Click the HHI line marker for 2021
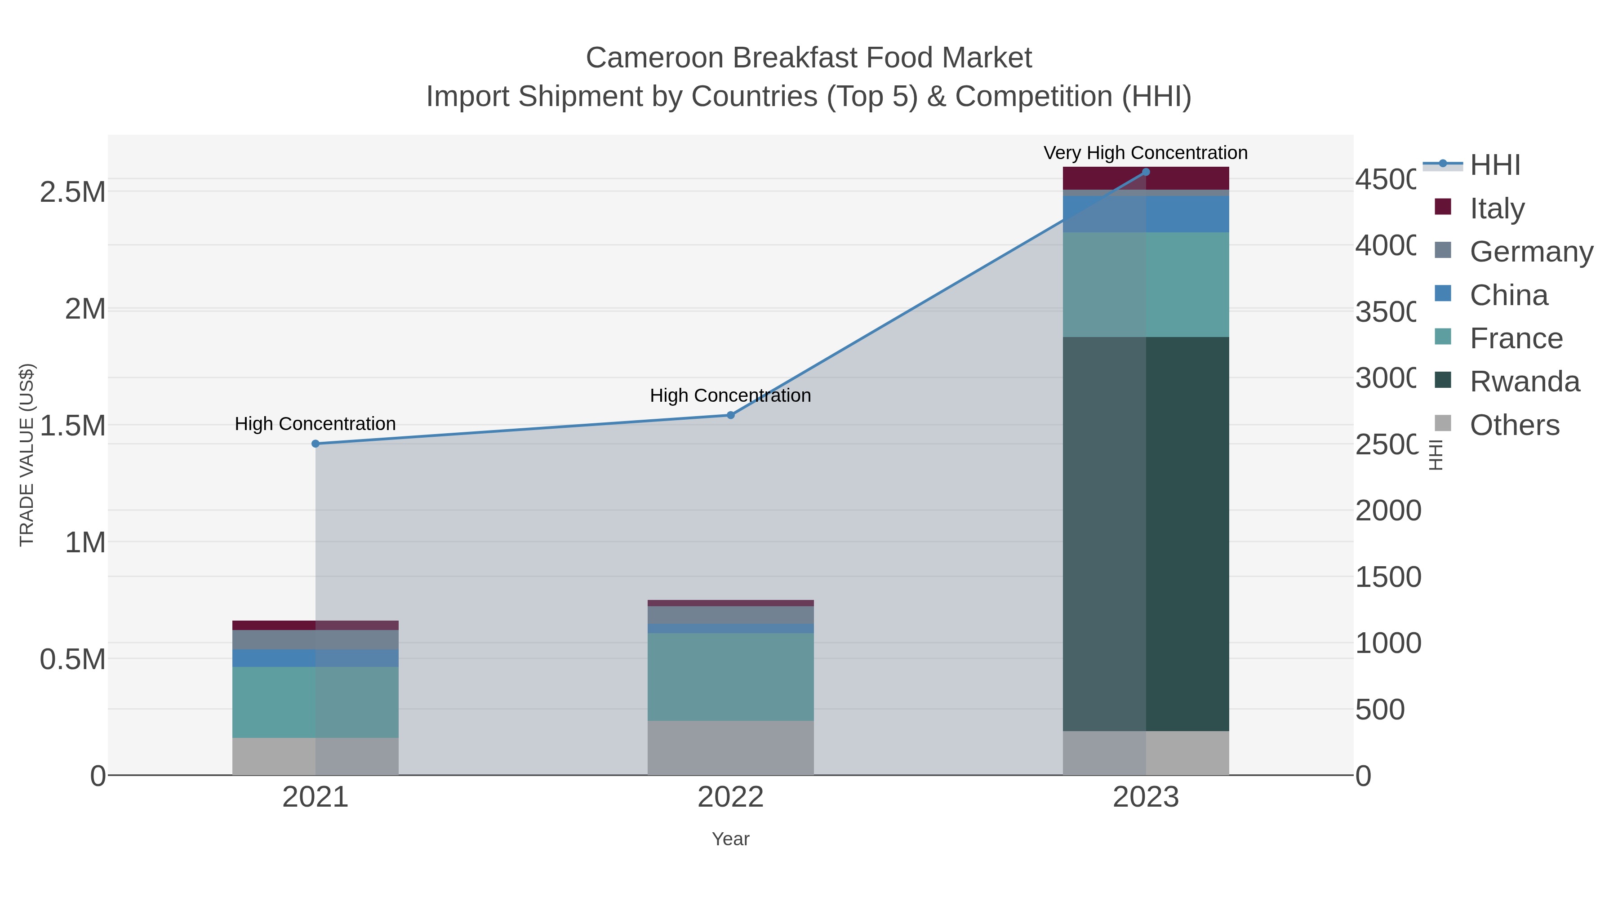coord(316,444)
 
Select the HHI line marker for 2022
coord(730,415)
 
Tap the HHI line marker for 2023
coord(1146,172)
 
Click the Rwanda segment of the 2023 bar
coord(1146,534)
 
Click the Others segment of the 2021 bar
coord(316,756)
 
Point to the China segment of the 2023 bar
coord(1146,214)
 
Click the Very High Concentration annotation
coord(1146,153)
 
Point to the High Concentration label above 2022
coord(730,395)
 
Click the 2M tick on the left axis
coord(85,309)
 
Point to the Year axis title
coord(730,839)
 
